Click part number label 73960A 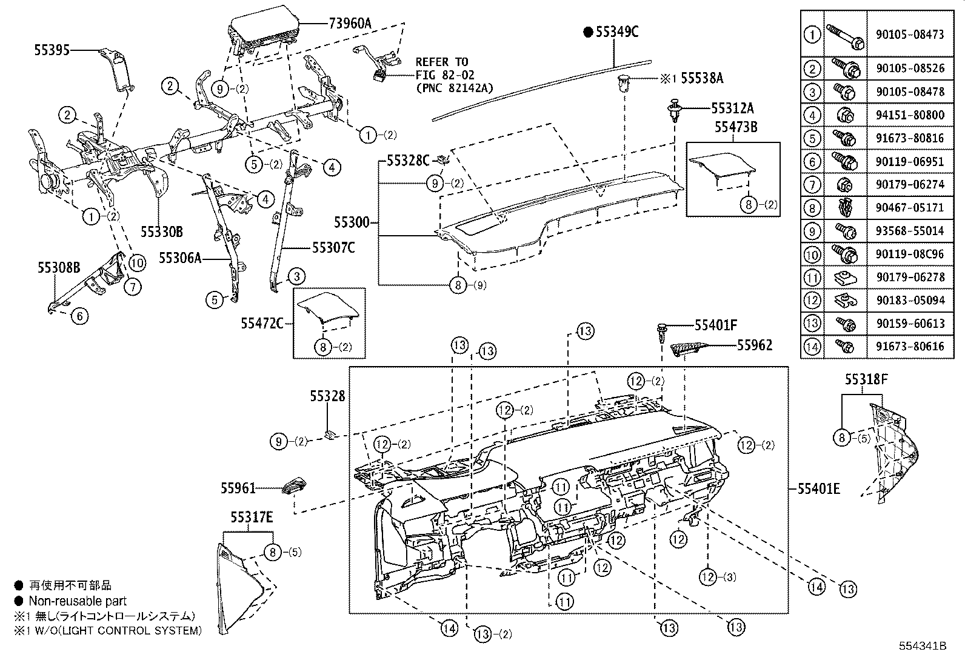click(350, 24)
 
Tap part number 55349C click(616, 32)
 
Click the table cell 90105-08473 click(910, 35)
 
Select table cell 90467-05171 click(910, 207)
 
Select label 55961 click(238, 488)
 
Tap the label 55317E click(251, 518)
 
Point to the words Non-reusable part click(78, 601)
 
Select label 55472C click(262, 324)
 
